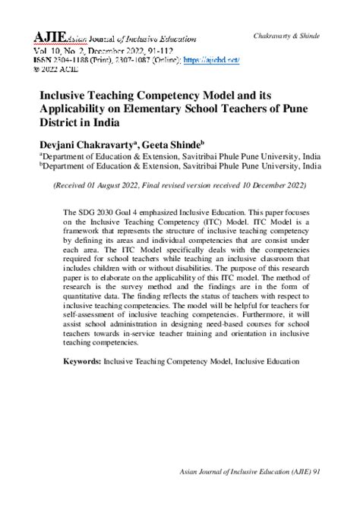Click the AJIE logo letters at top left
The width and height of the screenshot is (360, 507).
[46, 36]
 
